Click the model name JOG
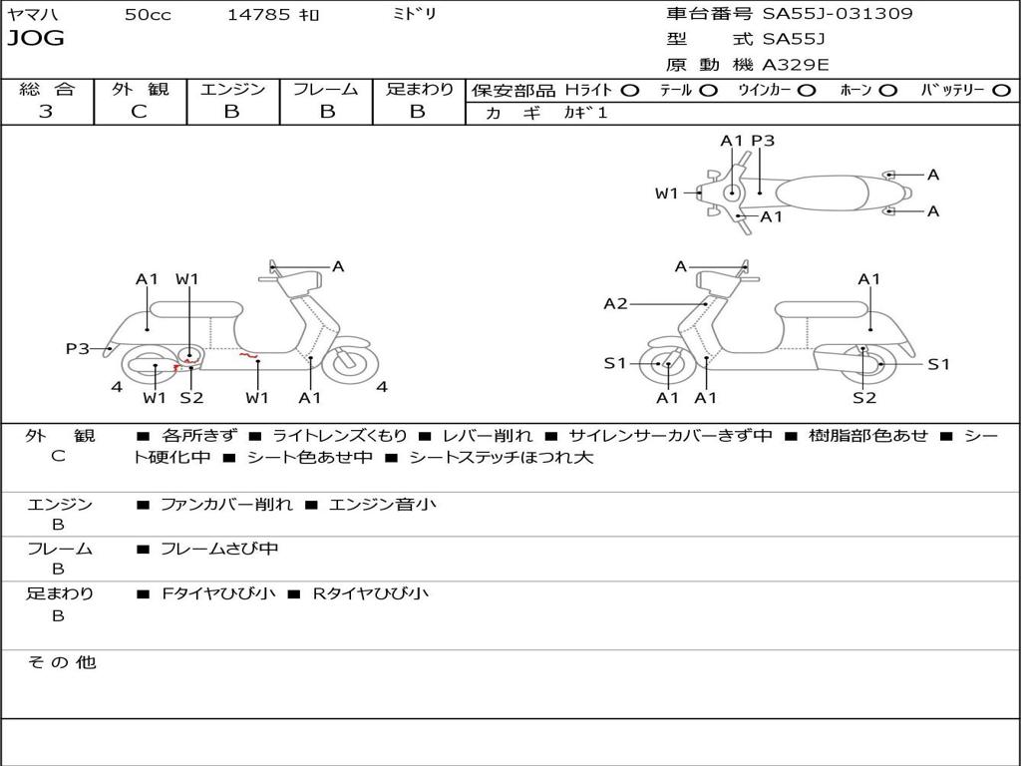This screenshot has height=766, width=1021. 36,39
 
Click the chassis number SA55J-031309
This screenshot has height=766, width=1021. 838,14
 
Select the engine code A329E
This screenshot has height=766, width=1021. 796,65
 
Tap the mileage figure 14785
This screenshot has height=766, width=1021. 258,14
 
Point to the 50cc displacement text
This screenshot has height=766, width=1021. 148,14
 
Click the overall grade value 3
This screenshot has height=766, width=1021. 46,112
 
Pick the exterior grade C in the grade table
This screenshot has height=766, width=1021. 139,112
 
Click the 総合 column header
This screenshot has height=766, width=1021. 47,89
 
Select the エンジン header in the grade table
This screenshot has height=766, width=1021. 232,89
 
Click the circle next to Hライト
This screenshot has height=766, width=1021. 630,90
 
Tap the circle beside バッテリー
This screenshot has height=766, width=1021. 1002,90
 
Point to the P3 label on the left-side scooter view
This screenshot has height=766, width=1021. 78,348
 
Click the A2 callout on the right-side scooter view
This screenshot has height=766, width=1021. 616,303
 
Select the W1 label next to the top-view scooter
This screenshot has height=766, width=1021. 666,193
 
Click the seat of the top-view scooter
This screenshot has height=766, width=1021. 833,192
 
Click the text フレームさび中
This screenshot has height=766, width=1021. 219,549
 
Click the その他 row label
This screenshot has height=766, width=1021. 61,662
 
